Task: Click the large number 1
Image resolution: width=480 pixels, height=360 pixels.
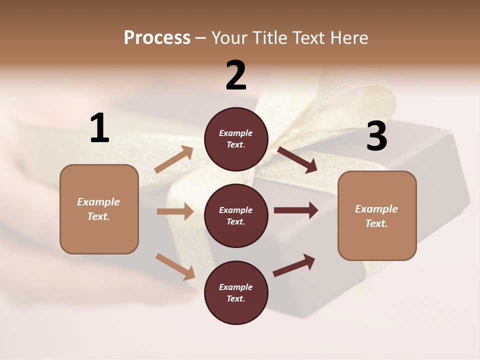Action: click(x=99, y=128)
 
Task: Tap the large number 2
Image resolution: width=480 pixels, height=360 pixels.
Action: click(x=236, y=75)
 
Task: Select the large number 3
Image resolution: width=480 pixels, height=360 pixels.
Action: click(x=376, y=136)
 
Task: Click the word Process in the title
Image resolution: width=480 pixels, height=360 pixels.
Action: click(x=157, y=37)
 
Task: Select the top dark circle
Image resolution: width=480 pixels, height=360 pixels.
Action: click(x=236, y=139)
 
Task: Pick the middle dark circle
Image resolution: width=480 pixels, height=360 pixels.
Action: click(x=236, y=215)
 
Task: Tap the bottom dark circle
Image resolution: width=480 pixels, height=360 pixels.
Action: click(x=236, y=292)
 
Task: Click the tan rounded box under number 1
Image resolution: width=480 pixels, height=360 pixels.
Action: click(x=99, y=209)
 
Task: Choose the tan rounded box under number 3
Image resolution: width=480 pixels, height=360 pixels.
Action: click(x=377, y=215)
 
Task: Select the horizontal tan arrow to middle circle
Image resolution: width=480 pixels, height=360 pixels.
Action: click(x=175, y=211)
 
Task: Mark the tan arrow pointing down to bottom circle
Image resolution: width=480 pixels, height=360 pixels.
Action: click(x=175, y=266)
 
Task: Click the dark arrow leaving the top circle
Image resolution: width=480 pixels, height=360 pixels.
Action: click(x=297, y=159)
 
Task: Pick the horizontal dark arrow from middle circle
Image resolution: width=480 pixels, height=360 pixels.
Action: click(x=295, y=210)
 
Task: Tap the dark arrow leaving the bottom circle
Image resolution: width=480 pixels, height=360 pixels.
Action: click(x=294, y=265)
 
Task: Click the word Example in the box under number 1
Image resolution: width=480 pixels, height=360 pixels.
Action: click(x=98, y=202)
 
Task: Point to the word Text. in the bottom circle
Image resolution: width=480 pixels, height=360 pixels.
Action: click(x=236, y=298)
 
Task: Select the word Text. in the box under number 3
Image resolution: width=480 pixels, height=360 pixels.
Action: click(x=376, y=223)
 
